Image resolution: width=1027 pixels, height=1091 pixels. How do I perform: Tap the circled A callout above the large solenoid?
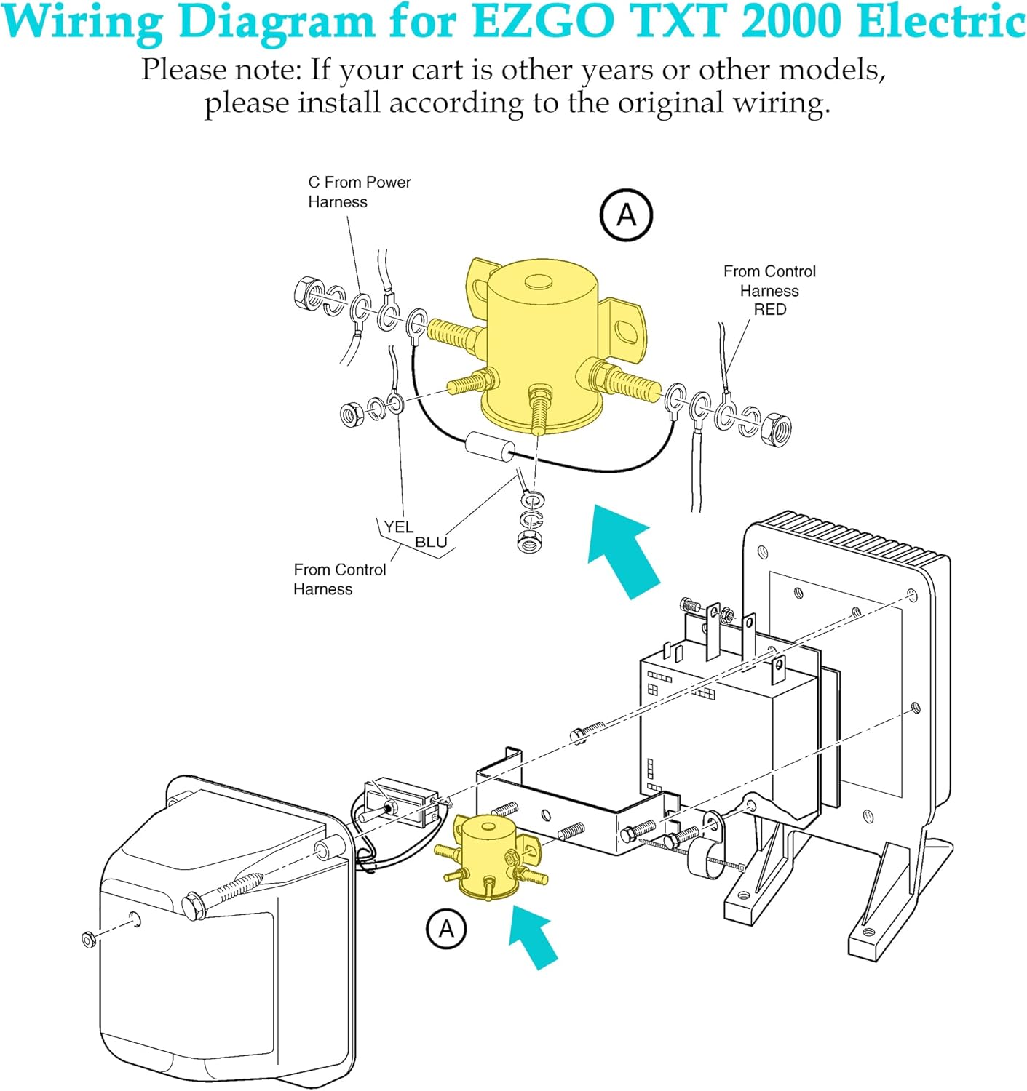point(626,215)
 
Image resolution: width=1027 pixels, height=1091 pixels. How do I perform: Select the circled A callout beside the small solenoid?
point(445,929)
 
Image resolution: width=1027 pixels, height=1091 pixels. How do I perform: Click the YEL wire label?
point(398,527)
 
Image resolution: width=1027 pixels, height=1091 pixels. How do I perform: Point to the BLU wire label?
point(431,543)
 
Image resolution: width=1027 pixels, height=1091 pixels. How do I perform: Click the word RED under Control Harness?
point(769,310)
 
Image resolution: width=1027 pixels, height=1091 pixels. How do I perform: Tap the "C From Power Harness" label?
point(359,192)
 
